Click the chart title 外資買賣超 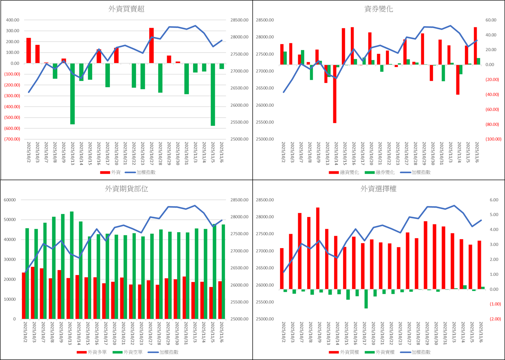126,9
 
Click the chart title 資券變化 379,9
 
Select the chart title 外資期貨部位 126,189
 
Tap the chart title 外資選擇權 379,189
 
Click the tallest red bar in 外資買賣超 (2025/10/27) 151,46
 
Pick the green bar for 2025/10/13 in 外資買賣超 72,94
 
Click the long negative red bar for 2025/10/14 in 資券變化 334,94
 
